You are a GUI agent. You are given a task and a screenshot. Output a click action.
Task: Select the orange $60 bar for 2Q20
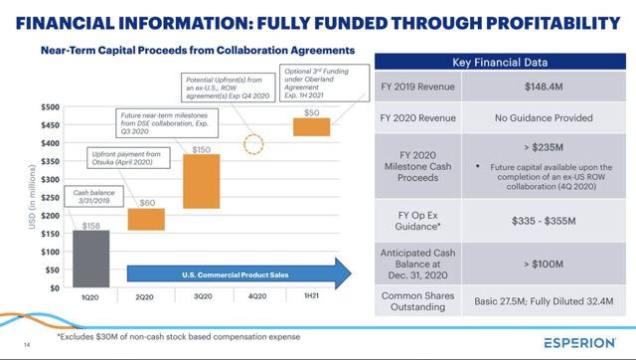pos(146,219)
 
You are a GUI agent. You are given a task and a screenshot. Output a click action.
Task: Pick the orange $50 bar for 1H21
pos(311,126)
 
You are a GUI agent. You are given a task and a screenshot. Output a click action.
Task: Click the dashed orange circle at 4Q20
pos(254,143)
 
